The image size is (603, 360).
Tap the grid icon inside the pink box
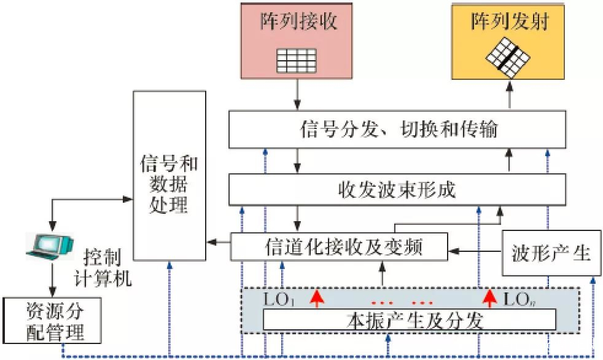tap(297, 60)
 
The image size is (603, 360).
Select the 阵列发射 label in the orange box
tap(509, 23)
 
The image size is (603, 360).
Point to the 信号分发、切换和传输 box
tap(397, 129)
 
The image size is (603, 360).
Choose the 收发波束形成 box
tap(397, 189)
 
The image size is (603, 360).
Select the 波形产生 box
tap(550, 252)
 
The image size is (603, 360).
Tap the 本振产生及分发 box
tap(409, 319)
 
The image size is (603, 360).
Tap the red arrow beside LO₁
tap(316, 299)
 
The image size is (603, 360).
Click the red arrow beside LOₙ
tap(489, 299)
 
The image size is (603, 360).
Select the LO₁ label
tap(280, 300)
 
